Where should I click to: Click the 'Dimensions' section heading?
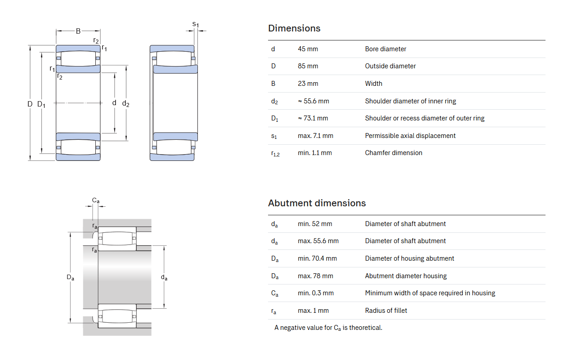click(x=294, y=28)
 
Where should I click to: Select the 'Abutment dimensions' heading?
click(x=317, y=203)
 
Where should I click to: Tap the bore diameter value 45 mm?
click(x=308, y=49)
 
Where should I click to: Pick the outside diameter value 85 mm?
click(x=308, y=66)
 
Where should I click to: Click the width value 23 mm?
click(x=308, y=84)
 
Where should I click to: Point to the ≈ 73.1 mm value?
click(x=313, y=118)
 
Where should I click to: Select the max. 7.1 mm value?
click(x=315, y=136)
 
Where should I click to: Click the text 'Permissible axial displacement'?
click(x=410, y=136)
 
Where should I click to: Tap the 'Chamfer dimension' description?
click(x=394, y=153)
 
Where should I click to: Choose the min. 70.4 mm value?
click(x=317, y=258)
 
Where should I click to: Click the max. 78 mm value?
click(x=315, y=276)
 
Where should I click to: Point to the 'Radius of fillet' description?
click(x=386, y=311)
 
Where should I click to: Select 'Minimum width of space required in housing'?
click(x=430, y=293)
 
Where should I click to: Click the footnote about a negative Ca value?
click(x=328, y=328)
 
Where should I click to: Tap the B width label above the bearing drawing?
click(x=78, y=31)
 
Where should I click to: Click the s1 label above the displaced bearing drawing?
click(x=196, y=25)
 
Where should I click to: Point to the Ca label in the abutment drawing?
click(x=96, y=200)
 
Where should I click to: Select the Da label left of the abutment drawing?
click(x=70, y=277)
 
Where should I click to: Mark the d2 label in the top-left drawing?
click(x=126, y=103)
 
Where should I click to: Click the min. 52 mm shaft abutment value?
click(x=315, y=224)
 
